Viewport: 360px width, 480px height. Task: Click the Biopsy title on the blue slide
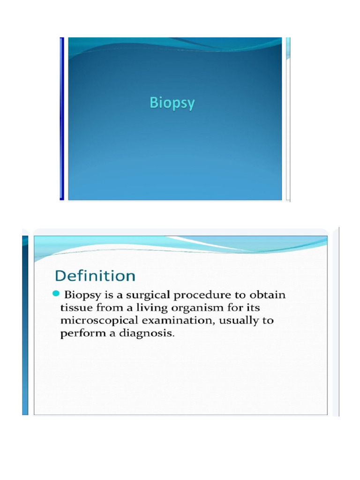(x=172, y=103)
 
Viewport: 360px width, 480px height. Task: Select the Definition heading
(x=95, y=275)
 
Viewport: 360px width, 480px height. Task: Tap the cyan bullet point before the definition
(x=56, y=293)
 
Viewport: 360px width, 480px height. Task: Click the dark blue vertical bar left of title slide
(x=62, y=119)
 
